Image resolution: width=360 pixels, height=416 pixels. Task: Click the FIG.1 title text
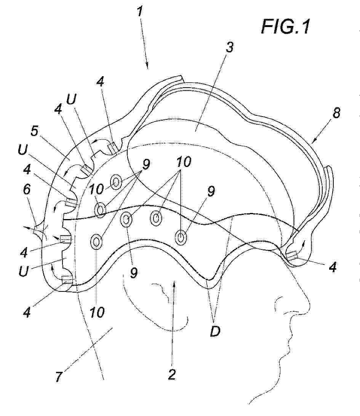coord(285,27)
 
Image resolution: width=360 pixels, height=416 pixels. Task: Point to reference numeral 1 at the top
coord(140,11)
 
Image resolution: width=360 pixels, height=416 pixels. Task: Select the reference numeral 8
coord(336,113)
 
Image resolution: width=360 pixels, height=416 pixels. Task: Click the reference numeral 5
coord(35,131)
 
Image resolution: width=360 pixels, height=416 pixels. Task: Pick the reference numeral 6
coord(27,189)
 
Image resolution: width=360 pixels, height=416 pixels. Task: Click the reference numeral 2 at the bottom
coord(172,374)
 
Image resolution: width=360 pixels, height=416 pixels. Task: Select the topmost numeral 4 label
coord(100,82)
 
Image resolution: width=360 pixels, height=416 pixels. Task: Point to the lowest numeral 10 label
coord(97,312)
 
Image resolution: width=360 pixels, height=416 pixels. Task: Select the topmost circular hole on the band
coord(116,182)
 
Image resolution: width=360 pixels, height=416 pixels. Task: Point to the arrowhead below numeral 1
coord(147,66)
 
